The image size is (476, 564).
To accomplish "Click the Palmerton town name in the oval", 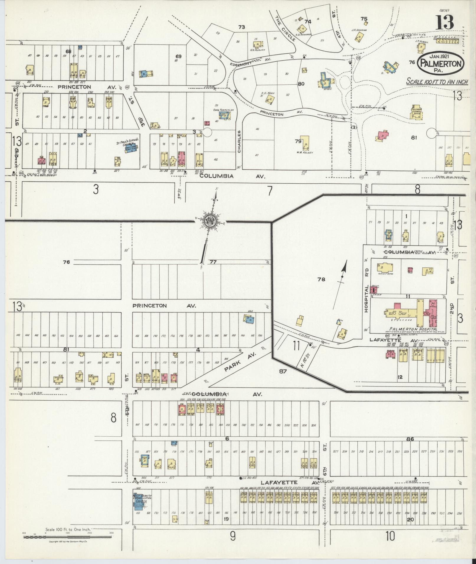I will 441,63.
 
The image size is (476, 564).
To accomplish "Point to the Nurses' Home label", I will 384,274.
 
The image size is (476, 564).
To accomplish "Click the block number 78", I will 321,279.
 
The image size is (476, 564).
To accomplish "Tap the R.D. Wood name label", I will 267,93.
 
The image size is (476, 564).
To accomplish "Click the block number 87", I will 283,371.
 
